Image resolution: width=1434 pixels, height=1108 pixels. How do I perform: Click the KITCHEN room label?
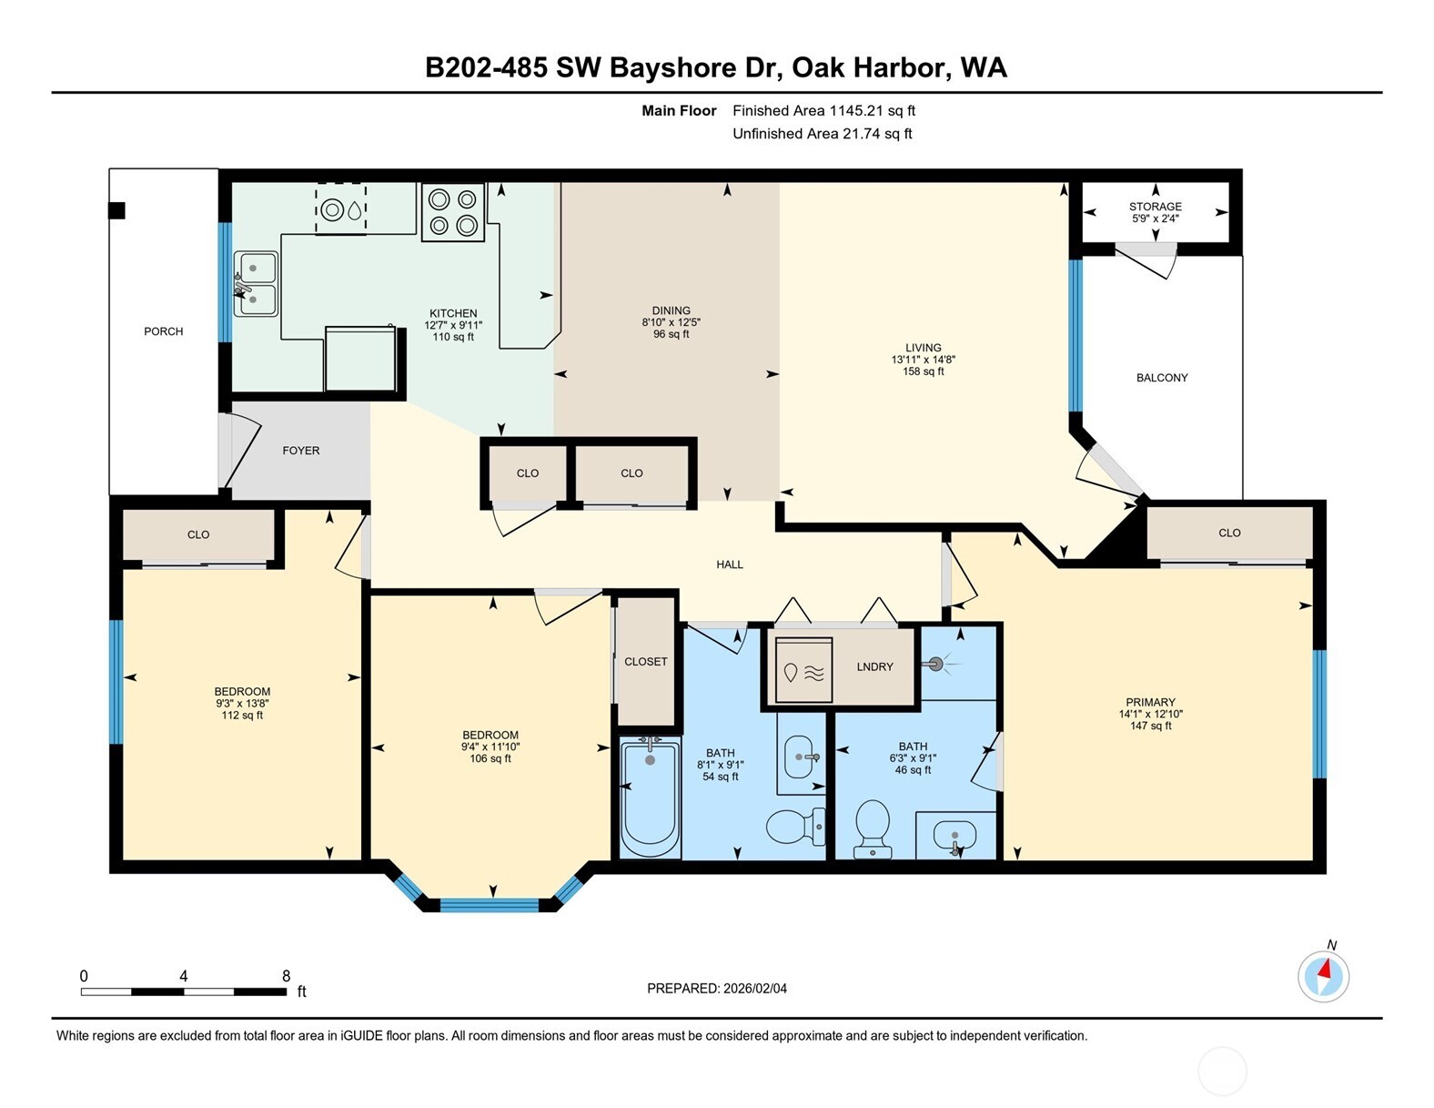click(452, 313)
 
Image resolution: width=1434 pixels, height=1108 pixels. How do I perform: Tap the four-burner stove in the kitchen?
click(452, 212)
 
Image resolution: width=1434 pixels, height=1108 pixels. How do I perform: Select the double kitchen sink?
click(256, 283)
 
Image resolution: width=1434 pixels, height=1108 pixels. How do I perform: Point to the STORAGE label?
click(1155, 207)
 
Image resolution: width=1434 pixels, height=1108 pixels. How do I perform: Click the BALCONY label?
click(1161, 378)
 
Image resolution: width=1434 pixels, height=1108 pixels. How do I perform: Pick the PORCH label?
click(163, 331)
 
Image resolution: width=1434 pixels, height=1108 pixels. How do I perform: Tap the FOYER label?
click(300, 451)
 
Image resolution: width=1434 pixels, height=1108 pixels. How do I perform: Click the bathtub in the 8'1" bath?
click(650, 797)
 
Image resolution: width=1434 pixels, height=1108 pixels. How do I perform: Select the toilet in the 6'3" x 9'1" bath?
click(872, 827)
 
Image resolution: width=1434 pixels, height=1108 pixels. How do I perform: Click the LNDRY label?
click(874, 666)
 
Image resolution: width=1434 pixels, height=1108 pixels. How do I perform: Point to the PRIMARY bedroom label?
click(1150, 702)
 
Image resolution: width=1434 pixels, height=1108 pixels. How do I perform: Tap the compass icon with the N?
click(1323, 976)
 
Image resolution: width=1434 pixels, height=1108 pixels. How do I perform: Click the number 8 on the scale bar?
click(286, 976)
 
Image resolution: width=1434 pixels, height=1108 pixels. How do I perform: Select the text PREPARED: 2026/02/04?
click(716, 988)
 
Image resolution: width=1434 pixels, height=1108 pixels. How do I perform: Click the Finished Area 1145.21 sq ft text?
click(823, 111)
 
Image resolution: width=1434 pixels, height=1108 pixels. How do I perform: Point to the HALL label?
click(729, 564)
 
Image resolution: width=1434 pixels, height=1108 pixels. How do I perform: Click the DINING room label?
click(671, 310)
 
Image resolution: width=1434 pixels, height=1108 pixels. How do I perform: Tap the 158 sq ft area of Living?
click(923, 371)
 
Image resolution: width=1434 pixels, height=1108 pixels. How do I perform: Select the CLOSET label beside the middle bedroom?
click(645, 662)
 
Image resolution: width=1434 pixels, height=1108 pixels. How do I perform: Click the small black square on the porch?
click(116, 211)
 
